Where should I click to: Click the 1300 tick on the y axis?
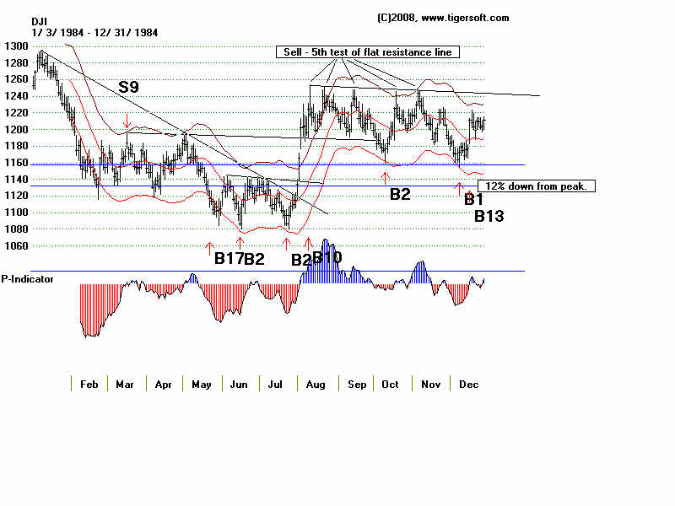pyautogui.click(x=15, y=46)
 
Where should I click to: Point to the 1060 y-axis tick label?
pyautogui.click(x=15, y=245)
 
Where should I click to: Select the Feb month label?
pyautogui.click(x=89, y=385)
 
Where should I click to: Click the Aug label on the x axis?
pyautogui.click(x=316, y=385)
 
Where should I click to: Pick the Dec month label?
pyautogui.click(x=469, y=385)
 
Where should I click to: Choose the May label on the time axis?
pyautogui.click(x=201, y=385)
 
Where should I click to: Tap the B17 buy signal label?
pyautogui.click(x=227, y=259)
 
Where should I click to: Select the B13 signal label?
pyautogui.click(x=489, y=216)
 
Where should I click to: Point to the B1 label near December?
pyautogui.click(x=473, y=199)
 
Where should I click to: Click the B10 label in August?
pyautogui.click(x=327, y=256)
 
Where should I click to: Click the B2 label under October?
pyautogui.click(x=400, y=194)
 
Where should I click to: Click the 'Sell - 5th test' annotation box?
pyautogui.click(x=368, y=52)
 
